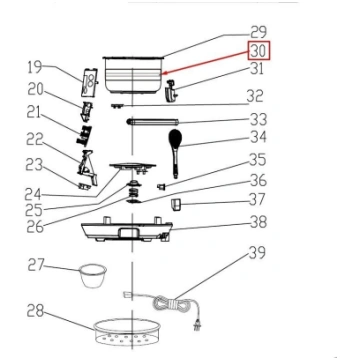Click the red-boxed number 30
pos(259,51)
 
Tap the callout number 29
pos(258,32)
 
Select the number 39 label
pos(256,253)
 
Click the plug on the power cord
pos(197,324)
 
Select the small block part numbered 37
pos(175,204)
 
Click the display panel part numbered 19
pos(90,81)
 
